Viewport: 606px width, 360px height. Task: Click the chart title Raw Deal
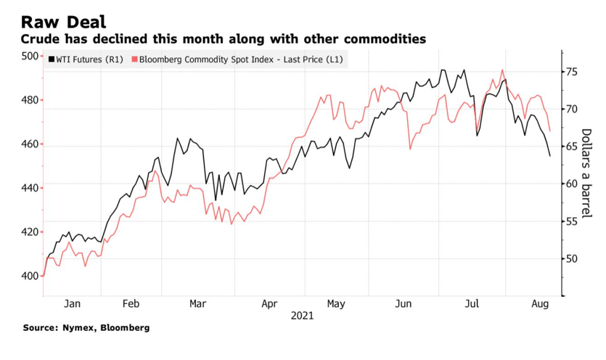63,22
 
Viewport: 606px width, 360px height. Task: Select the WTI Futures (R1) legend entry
86,60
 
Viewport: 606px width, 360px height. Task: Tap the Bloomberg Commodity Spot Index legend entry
237,60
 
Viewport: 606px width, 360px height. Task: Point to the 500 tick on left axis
30,56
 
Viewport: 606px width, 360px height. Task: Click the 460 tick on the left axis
30,144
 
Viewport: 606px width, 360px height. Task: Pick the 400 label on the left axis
30,276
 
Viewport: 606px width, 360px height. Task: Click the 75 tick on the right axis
572,72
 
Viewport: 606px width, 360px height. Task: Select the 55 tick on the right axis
572,221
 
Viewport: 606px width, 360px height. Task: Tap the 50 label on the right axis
572,258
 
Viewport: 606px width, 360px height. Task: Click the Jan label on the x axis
73,303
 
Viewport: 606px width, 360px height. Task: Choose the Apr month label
269,304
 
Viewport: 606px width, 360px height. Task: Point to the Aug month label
540,304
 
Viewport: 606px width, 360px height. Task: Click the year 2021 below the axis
302,316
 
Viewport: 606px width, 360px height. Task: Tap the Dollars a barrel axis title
586,173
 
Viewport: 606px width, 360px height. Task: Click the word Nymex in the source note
78,328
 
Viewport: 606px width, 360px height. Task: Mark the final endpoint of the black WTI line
550,156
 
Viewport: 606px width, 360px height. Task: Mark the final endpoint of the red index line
550,131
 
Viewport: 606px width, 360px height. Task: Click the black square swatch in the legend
52,60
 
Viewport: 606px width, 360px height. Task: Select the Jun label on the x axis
403,304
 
